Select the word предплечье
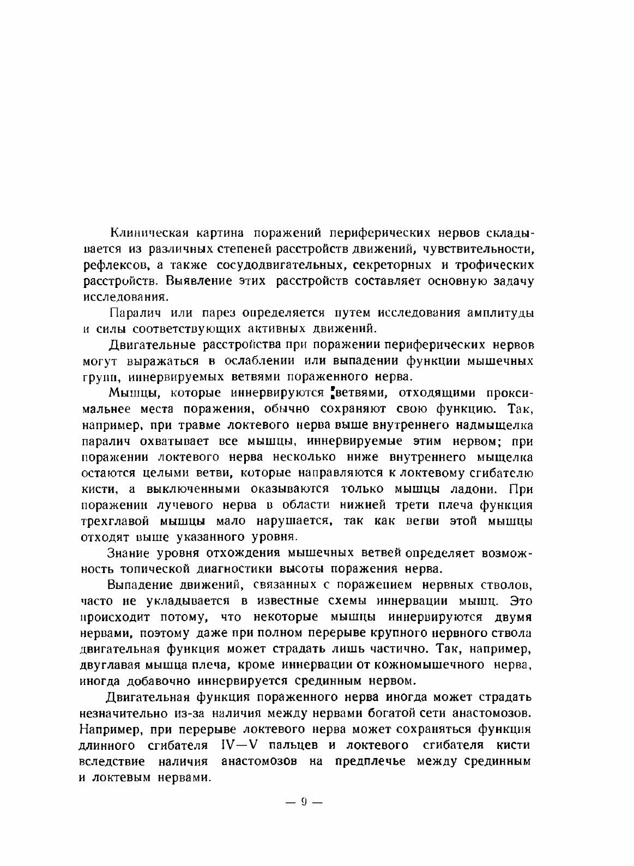click(371, 761)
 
